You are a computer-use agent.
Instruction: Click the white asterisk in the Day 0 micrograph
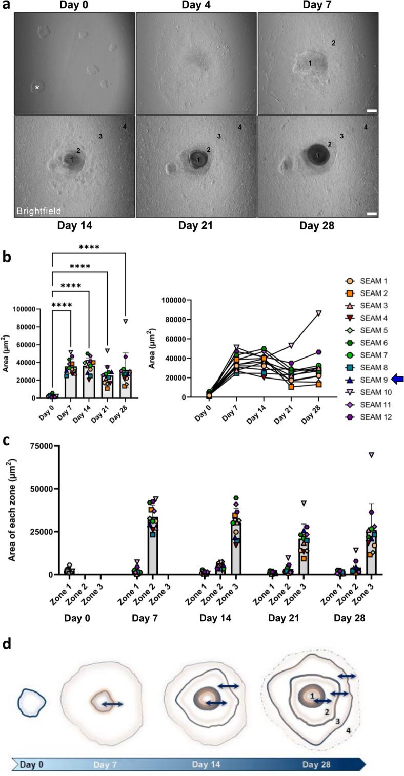tap(37, 88)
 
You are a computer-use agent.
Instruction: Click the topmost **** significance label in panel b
tap(89, 247)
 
